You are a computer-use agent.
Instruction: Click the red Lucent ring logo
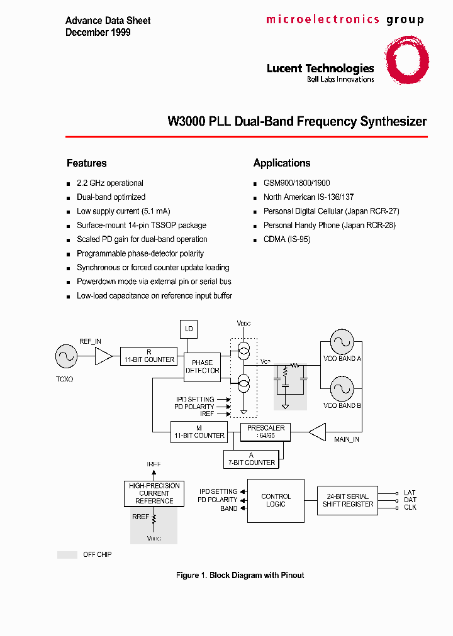tap(407, 60)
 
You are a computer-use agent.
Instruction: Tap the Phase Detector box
tap(202, 367)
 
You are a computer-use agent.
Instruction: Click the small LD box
tap(189, 329)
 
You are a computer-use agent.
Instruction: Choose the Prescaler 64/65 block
tap(266, 432)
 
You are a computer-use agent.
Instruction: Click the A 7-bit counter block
tap(251, 459)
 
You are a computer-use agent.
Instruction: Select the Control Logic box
tap(276, 500)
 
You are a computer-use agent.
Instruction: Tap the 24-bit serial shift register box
tap(347, 500)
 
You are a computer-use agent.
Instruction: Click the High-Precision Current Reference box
tap(154, 493)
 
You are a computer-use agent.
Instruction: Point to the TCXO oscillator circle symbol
tap(65, 357)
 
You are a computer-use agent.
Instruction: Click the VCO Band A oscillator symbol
tap(342, 342)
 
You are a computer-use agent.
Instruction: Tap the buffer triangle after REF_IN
tap(103, 357)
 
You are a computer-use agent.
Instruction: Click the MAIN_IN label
tap(346, 439)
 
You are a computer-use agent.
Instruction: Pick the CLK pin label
tap(410, 507)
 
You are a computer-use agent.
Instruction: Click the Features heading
tap(87, 163)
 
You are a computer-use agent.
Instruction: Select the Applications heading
tap(282, 163)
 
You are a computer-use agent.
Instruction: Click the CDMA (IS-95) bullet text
tap(287, 239)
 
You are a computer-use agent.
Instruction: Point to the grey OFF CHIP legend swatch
tap(67, 555)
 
